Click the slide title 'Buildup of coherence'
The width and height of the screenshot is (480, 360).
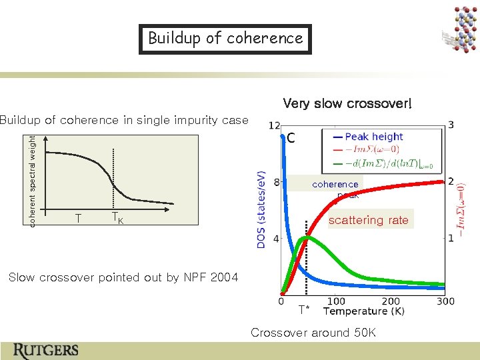coord(225,39)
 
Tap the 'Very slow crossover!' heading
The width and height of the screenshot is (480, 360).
coord(347,103)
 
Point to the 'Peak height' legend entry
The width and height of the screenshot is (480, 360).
coord(373,137)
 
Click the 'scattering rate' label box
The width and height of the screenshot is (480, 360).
coord(369,220)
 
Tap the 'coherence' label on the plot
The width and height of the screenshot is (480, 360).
coord(335,184)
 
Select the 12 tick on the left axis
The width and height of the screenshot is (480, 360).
coord(273,125)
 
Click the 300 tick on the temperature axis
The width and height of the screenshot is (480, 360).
coord(445,302)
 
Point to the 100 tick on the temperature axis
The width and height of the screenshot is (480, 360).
coord(336,302)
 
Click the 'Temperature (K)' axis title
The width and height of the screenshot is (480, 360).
coord(363,311)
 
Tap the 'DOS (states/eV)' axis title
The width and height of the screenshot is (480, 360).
coord(261,209)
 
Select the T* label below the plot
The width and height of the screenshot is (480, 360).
coord(304,309)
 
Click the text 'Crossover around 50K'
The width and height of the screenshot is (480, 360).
coord(313,333)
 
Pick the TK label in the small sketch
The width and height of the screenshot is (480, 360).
coord(117,219)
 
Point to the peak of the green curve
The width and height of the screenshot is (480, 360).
coord(305,237)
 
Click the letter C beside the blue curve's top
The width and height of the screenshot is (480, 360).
coord(291,139)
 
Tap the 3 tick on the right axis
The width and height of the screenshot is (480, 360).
coord(452,125)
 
